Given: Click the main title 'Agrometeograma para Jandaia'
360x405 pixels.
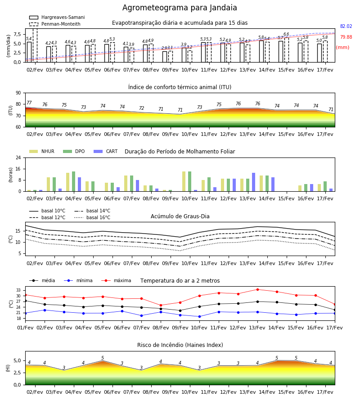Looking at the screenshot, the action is coord(180,8).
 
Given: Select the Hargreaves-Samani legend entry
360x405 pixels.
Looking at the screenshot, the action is coord(57,17).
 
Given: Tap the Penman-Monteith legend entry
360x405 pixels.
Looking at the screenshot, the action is coord(55,24).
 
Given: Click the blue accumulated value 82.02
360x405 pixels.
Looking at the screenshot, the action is coord(346,27).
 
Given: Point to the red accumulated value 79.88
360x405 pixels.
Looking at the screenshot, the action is coord(346,37).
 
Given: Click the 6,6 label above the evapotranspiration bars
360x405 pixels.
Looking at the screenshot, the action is coord(286,34).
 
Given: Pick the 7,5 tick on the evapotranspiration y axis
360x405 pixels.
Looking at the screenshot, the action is coord(17,34).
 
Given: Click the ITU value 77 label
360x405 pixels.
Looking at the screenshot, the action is coord(29,103).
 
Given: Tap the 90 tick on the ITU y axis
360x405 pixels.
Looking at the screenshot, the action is coord(18,93).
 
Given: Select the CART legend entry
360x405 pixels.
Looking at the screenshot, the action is coord(105,151).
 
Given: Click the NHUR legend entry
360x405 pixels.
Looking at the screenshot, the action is coord(42,151).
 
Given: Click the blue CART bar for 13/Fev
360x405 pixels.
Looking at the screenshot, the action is coord(254,182).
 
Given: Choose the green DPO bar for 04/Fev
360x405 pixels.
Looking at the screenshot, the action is coord(74,181).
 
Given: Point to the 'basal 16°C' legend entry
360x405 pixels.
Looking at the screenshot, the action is coord(92,217).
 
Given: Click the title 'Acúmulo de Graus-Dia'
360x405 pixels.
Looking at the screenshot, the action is coord(180,216).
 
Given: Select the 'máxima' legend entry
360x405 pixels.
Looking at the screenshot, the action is coord(116,280).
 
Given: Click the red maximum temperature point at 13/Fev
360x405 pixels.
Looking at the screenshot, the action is coord(257,289).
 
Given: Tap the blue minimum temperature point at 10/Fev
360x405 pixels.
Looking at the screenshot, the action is coord(199,317).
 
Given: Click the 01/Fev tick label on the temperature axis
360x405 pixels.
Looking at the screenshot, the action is coord(25,328).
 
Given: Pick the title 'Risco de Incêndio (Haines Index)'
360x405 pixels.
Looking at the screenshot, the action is coord(180,345).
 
